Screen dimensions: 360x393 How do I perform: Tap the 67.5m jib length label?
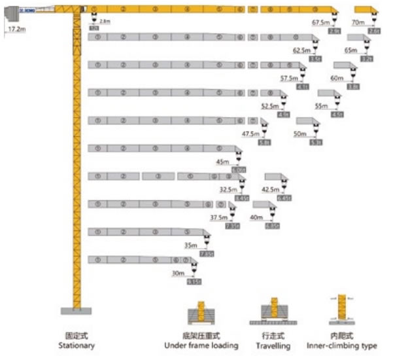[x=320, y=22]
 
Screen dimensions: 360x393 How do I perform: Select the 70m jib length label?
[x=358, y=22]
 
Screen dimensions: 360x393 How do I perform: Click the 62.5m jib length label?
[x=301, y=50]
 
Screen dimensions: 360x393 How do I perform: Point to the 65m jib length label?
[x=350, y=50]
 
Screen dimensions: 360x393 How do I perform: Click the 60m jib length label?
[x=337, y=78]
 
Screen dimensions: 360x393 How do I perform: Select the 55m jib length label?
[x=321, y=105]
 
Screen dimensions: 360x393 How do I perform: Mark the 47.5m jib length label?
[x=250, y=134]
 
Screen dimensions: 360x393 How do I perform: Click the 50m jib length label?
[x=300, y=134]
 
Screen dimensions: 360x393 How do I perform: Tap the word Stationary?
[x=77, y=346]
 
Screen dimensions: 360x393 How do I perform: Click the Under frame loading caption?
[x=201, y=346]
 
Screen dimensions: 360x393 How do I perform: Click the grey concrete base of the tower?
[x=77, y=310]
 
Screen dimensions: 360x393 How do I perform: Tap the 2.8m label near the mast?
[x=105, y=22]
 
